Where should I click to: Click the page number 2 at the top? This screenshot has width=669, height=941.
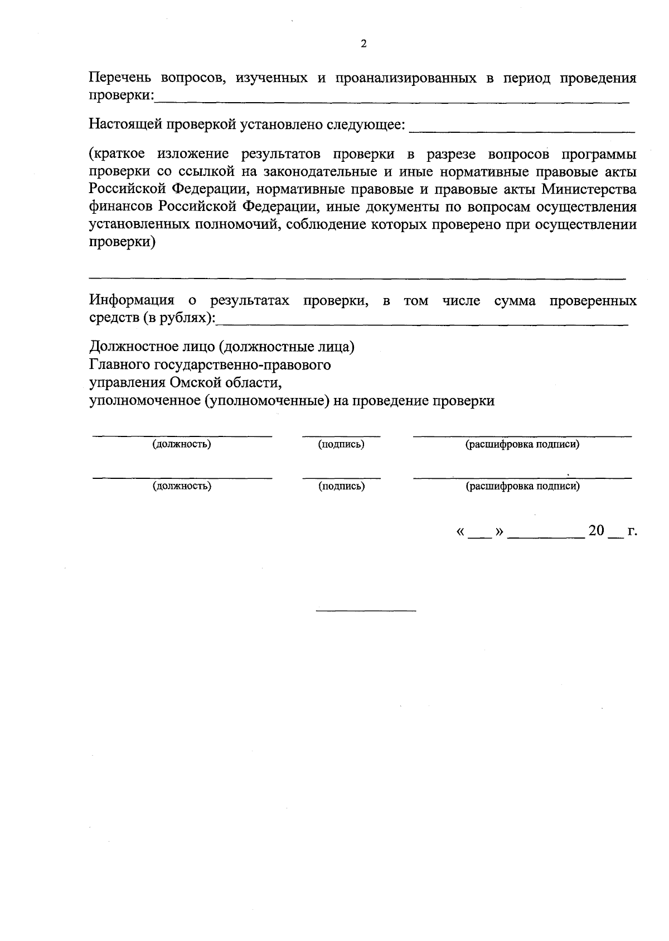363,44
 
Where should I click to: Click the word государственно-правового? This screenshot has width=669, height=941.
234,365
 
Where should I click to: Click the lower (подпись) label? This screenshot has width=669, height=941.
341,486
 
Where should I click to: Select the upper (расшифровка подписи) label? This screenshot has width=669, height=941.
522,445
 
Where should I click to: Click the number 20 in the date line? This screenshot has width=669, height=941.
596,531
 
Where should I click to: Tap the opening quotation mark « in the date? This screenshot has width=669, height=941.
460,532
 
